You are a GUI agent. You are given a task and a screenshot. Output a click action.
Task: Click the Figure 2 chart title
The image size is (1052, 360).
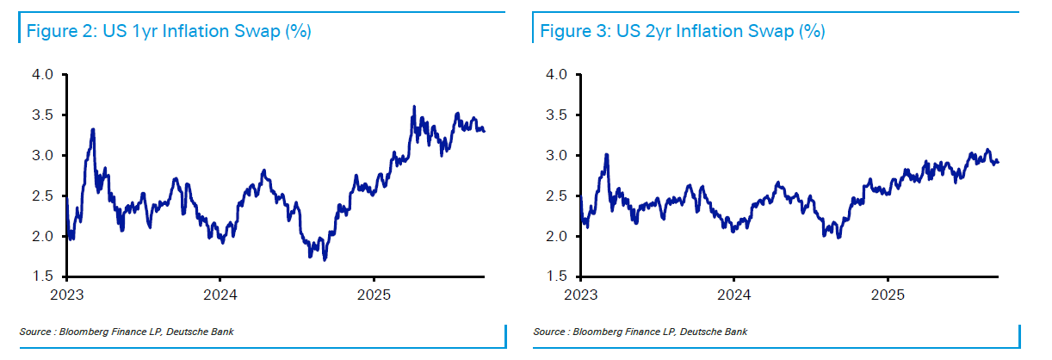[169, 32]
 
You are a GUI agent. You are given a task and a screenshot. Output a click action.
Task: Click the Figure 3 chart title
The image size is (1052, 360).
[683, 32]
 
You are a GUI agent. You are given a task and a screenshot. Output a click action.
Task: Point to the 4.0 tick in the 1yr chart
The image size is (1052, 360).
[43, 75]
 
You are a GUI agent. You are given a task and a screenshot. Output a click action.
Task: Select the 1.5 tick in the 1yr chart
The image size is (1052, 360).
[43, 276]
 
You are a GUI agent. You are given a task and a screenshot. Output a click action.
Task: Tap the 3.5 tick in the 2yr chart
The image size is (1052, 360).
[557, 115]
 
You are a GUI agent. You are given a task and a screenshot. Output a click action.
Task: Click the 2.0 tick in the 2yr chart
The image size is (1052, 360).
[557, 236]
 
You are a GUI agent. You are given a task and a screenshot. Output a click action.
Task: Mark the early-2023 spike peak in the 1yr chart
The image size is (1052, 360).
[92, 130]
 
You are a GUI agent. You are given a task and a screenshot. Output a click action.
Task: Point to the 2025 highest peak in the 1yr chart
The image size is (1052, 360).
[414, 107]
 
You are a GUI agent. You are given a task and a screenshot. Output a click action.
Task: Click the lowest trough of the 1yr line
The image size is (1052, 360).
[324, 259]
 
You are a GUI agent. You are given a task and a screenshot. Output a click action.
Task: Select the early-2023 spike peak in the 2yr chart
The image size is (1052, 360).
[607, 155]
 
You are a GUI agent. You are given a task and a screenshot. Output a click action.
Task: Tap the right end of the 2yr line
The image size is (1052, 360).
[998, 162]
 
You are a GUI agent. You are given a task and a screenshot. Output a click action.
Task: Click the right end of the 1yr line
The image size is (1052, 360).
[484, 131]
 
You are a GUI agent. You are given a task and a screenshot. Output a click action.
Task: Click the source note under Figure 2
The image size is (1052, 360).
[126, 332]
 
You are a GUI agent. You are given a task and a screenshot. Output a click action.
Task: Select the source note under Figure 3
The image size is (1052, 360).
[640, 332]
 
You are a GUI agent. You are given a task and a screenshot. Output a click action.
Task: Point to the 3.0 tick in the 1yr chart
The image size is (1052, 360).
[43, 156]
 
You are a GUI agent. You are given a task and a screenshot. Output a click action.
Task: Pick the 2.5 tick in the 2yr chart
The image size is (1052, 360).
[557, 196]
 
